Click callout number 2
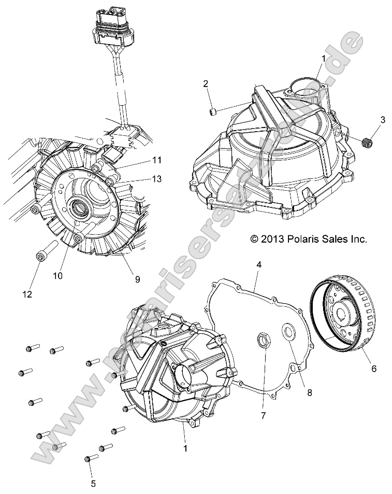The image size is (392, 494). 206,83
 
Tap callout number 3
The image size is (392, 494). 383,120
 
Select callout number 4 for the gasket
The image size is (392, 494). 259,265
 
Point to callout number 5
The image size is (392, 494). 93,484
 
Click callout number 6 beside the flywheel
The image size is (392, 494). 373,369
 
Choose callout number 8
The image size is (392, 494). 310,393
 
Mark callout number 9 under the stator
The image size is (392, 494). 137,279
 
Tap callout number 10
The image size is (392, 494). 57,276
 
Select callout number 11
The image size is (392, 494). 157,160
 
